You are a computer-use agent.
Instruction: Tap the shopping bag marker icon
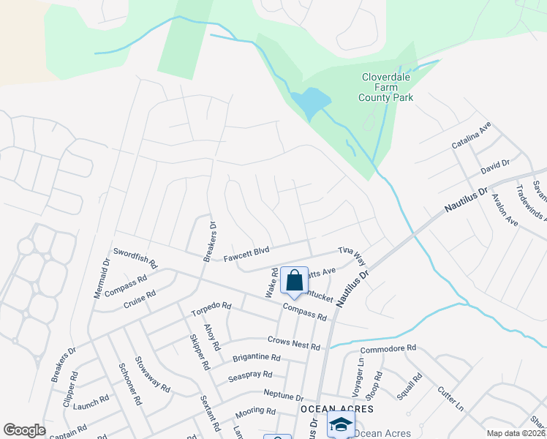point(294,281)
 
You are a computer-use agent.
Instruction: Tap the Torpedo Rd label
point(211,309)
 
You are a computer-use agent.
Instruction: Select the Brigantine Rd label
point(257,358)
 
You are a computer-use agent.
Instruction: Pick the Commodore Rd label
point(388,348)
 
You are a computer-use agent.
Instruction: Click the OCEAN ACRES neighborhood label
point(337,408)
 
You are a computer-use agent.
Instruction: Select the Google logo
point(25,430)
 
